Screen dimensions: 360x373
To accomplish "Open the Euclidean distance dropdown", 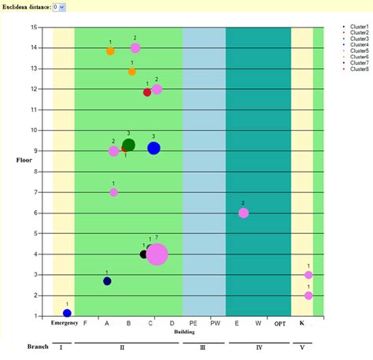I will click(x=60, y=6).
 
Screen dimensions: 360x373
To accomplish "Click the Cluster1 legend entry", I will click(x=359, y=27).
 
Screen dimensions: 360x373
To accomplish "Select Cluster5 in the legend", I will click(x=359, y=50).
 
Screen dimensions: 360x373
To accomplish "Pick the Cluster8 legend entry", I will click(x=359, y=69).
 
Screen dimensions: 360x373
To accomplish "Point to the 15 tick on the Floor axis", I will click(x=34, y=27).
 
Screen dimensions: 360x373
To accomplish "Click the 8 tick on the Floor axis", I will click(x=35, y=172).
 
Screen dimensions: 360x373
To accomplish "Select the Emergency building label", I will click(x=64, y=323).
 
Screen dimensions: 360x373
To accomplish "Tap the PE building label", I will click(x=193, y=323).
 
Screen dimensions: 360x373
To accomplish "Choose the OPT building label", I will click(x=280, y=323).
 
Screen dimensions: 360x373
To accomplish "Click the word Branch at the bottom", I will click(x=38, y=347).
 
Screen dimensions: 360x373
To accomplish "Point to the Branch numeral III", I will click(x=203, y=347).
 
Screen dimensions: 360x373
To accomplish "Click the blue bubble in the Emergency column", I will click(x=67, y=313).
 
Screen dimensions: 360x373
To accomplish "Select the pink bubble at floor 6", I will click(x=243, y=213).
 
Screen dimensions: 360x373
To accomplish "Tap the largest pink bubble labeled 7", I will click(x=157, y=254).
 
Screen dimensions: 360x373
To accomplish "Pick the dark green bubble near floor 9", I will click(x=129, y=144).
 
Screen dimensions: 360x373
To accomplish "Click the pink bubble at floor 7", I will click(x=113, y=192).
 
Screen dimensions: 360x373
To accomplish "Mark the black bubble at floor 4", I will click(x=144, y=254).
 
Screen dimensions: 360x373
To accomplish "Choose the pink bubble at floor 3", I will click(x=308, y=275).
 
